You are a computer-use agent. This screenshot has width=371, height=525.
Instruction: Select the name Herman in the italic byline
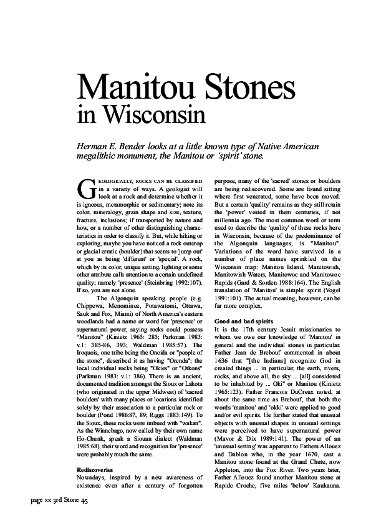[92, 146]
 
